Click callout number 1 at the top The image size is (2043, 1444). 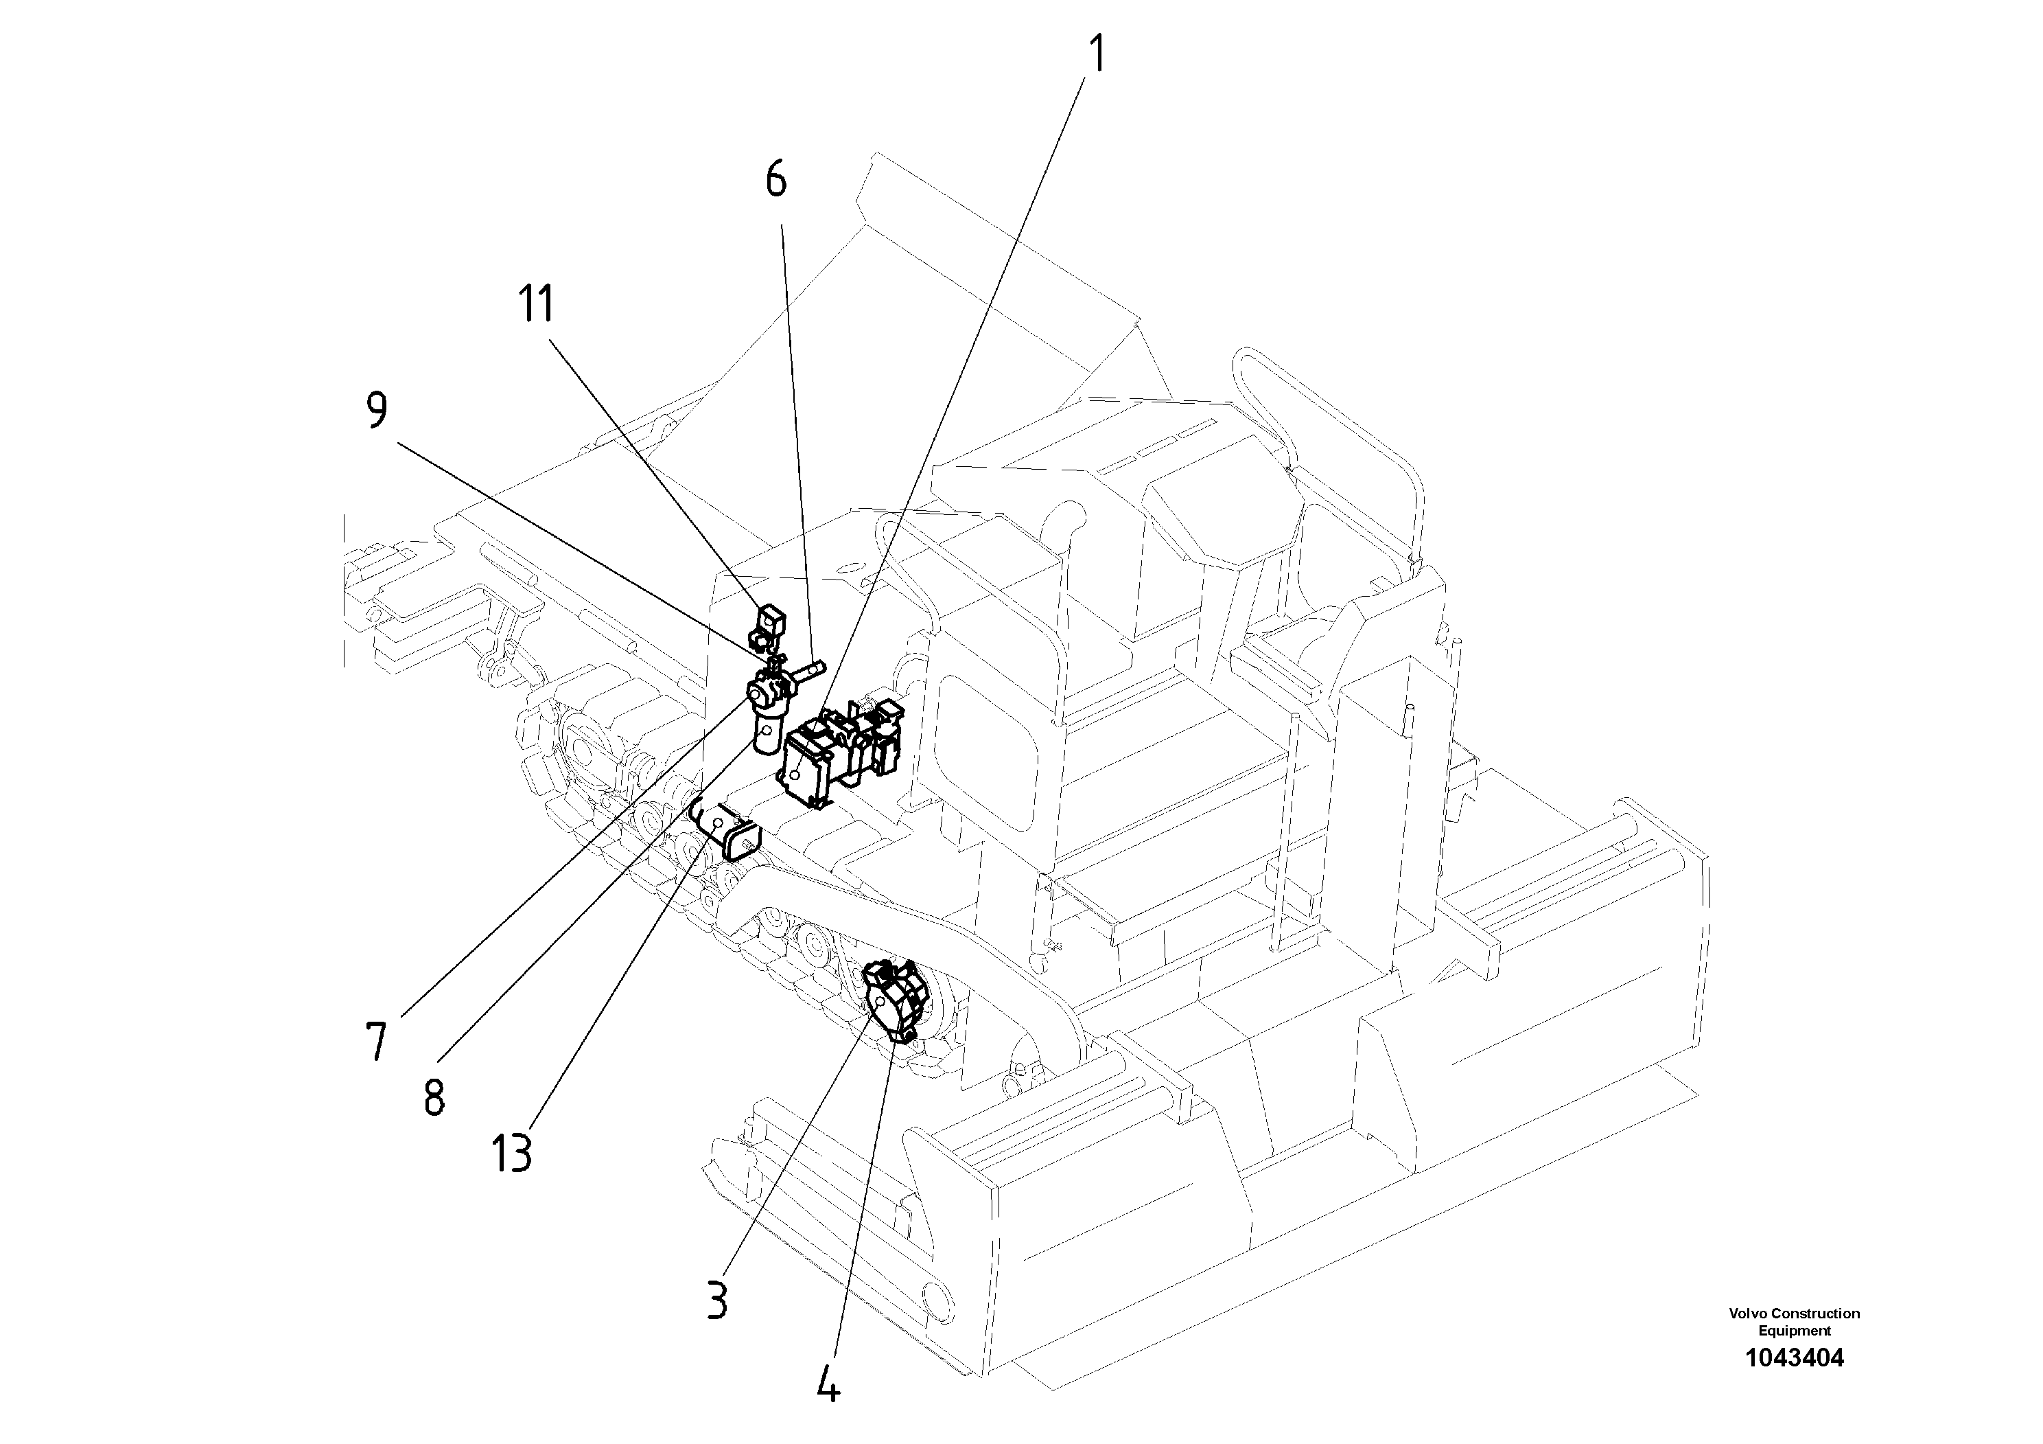(x=1098, y=54)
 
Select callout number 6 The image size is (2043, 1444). (x=776, y=181)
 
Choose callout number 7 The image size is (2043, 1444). (x=376, y=1042)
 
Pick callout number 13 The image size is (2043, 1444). (x=512, y=1154)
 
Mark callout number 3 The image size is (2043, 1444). (x=717, y=1300)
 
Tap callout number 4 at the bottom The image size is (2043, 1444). (x=828, y=1384)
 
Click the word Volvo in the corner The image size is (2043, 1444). (x=1748, y=1313)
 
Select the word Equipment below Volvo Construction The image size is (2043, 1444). (x=1794, y=1331)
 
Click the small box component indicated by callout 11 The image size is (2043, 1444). (x=771, y=619)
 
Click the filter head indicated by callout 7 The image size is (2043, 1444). (x=764, y=691)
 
